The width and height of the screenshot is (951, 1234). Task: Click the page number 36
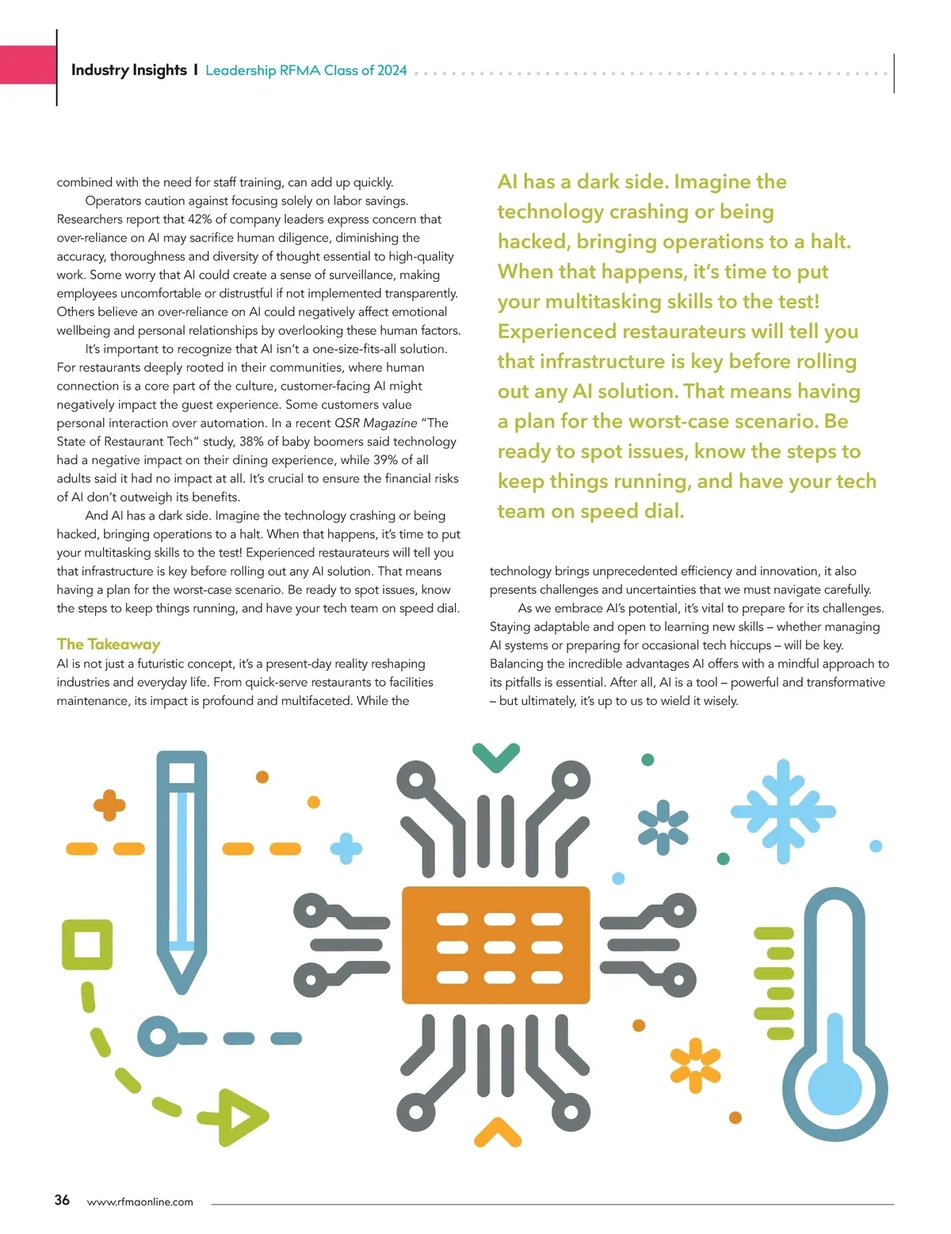62,1200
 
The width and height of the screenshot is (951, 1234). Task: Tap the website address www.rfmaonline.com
139,1202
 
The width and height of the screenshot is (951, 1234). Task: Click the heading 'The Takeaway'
109,644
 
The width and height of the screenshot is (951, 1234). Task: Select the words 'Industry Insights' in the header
128,70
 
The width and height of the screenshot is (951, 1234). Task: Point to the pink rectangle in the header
28,65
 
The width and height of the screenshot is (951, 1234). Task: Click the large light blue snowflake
783,811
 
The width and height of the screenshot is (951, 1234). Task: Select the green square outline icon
87,945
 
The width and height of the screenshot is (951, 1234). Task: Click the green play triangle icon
243,1118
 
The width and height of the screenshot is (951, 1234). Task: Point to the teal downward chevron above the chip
496,757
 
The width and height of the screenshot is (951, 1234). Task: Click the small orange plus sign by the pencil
109,806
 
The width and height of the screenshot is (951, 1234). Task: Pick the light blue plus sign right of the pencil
346,848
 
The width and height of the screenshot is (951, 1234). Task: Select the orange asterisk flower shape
695,1065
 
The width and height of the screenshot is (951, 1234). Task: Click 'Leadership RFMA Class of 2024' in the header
306,70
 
